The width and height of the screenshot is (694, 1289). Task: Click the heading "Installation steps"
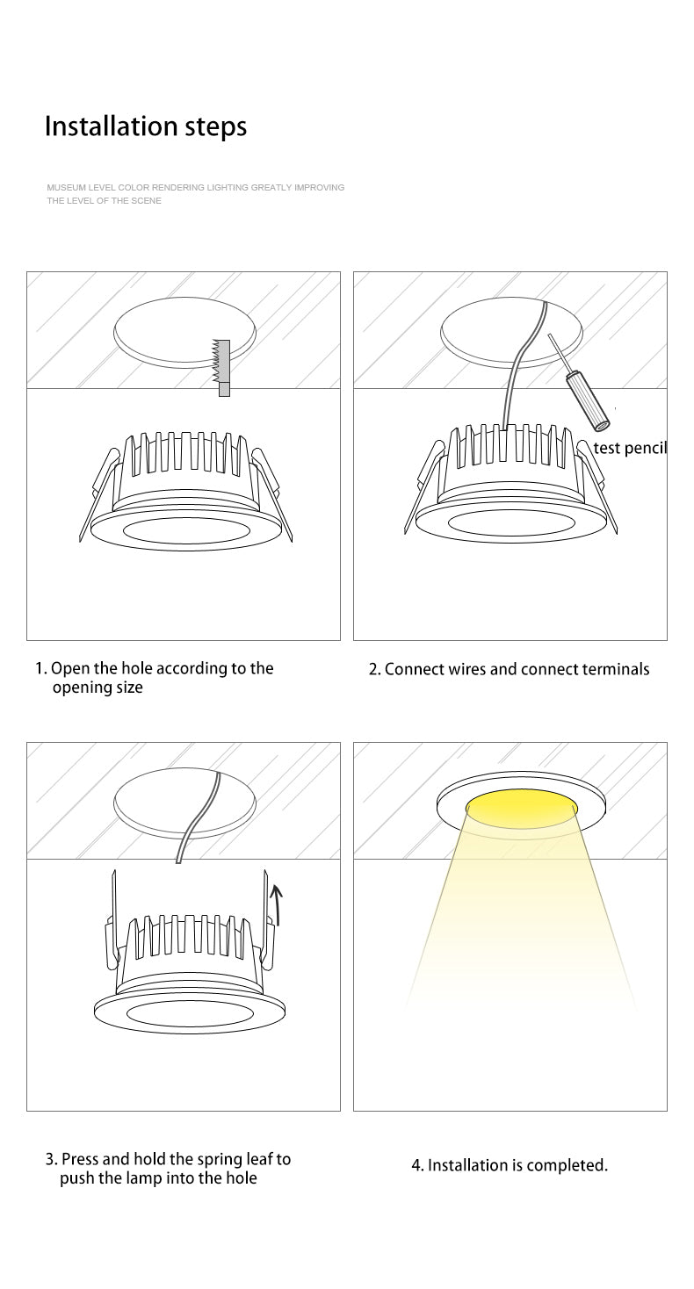(x=146, y=126)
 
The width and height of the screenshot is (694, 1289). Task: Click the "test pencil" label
(x=630, y=449)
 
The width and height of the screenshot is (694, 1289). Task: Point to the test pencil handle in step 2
(x=589, y=401)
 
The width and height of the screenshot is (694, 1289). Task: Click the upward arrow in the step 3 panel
(x=278, y=905)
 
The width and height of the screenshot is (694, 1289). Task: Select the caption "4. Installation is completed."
(x=510, y=1165)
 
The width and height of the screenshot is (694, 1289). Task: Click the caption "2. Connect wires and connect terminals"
(x=509, y=669)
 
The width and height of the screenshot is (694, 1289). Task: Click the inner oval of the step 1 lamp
(x=184, y=531)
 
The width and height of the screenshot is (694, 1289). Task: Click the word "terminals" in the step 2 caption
(x=616, y=669)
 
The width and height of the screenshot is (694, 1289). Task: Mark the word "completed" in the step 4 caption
(x=567, y=1166)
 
